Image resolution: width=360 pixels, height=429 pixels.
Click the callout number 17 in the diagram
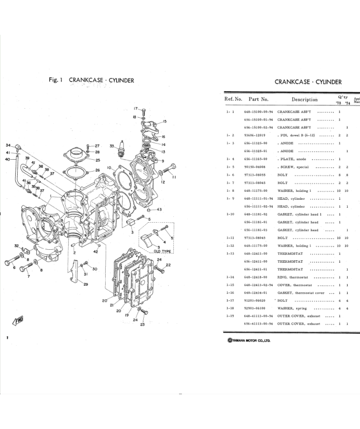[135, 109]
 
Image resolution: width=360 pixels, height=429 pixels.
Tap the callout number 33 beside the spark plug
[111, 145]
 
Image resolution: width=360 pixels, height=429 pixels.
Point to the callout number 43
[159, 209]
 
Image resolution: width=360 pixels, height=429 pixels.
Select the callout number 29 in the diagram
[86, 285]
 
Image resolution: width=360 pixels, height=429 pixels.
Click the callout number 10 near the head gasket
[109, 168]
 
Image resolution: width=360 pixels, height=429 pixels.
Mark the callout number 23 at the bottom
[142, 325]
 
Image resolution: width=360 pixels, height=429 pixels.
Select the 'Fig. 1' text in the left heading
[56, 81]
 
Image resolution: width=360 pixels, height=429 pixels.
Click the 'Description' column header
[304, 100]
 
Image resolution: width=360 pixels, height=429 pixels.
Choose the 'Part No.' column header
[259, 100]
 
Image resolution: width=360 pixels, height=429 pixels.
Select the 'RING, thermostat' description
[295, 277]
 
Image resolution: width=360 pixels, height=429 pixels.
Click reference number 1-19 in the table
[230, 316]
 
